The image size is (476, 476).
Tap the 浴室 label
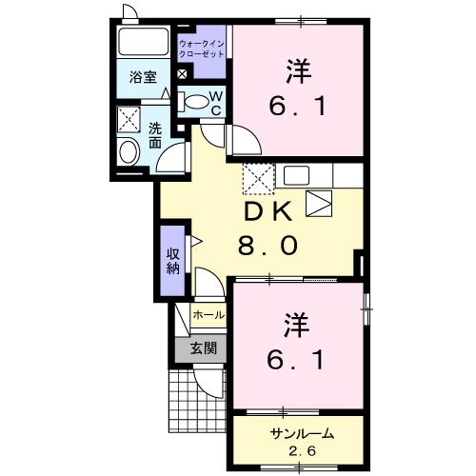[x=143, y=78]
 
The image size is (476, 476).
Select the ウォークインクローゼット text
[x=202, y=48]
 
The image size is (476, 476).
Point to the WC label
[x=216, y=102]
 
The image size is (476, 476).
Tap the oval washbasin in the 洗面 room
[x=127, y=151]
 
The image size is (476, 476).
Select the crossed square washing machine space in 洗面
[x=128, y=120]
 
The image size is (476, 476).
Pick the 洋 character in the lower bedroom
[x=295, y=327]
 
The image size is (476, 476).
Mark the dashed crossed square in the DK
[x=258, y=177]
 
